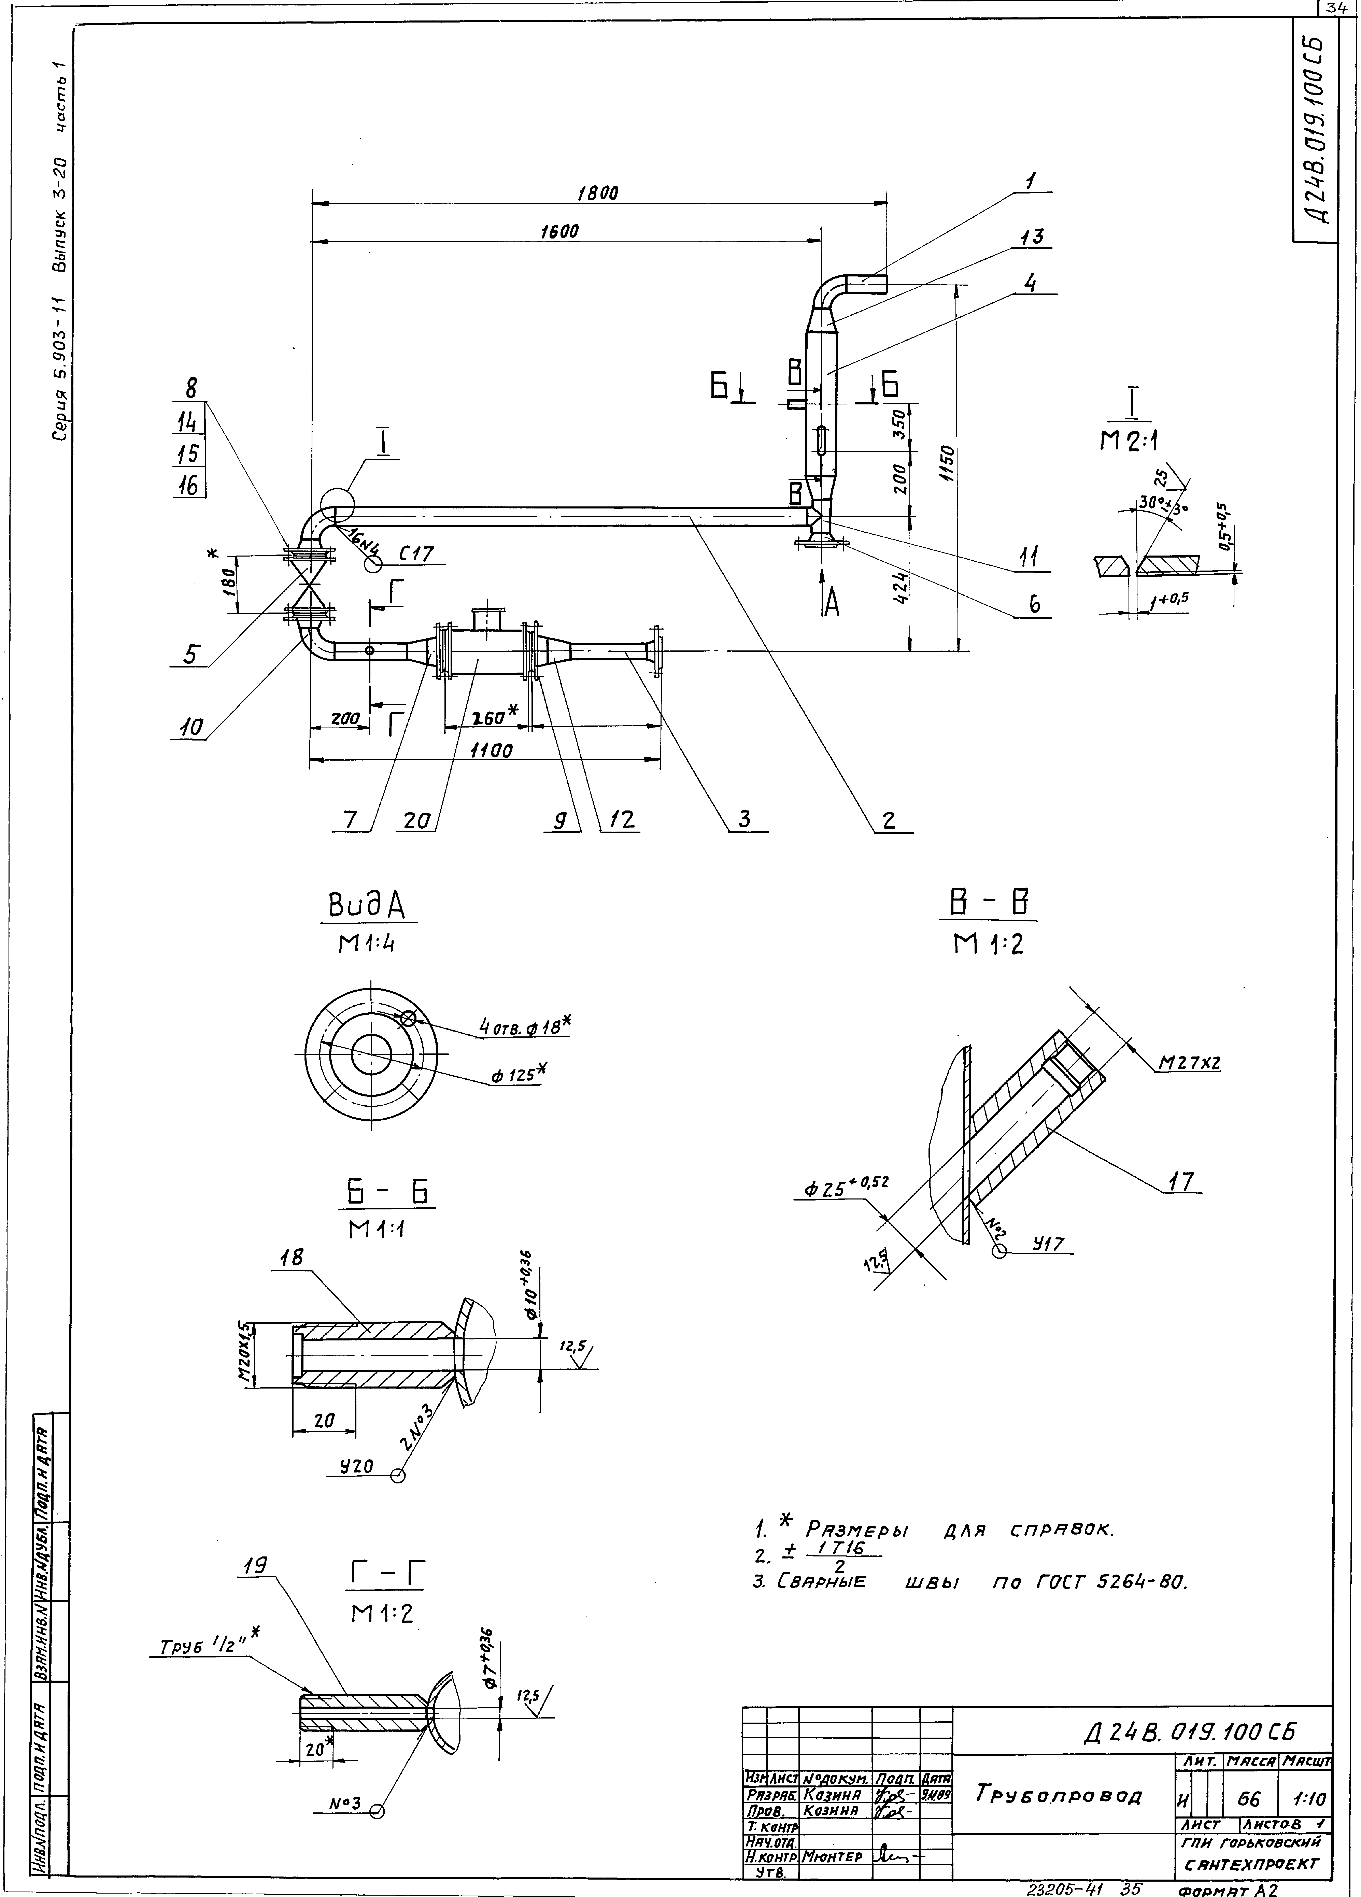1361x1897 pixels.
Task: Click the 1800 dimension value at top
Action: pos(597,193)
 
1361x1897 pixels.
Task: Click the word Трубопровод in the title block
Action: pos(1058,1794)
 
